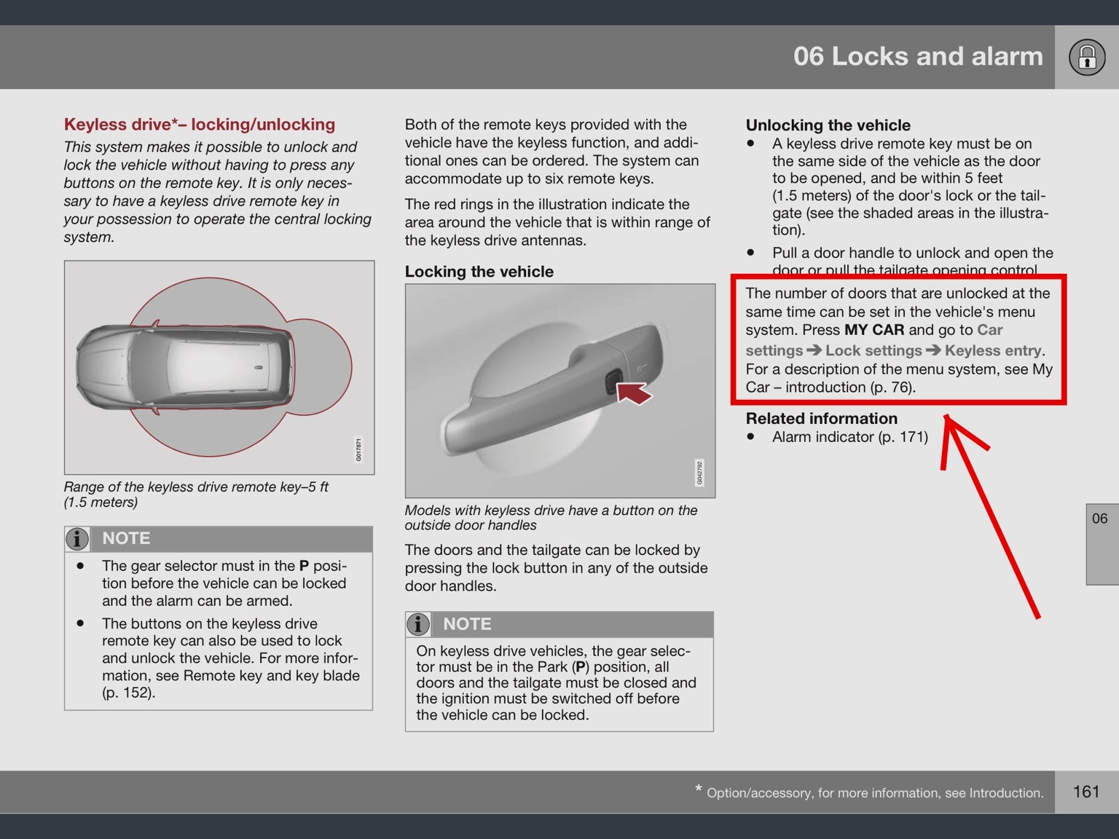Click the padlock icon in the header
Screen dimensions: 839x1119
pyautogui.click(x=1086, y=58)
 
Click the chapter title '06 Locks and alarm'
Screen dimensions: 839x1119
pyautogui.click(x=918, y=57)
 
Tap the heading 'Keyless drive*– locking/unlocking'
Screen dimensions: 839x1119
pyautogui.click(x=200, y=125)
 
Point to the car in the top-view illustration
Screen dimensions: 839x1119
pyautogui.click(x=186, y=366)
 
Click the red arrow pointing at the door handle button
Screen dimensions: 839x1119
pyautogui.click(x=635, y=393)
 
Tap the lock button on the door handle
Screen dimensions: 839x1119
pyautogui.click(x=610, y=381)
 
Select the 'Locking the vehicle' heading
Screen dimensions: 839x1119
pyautogui.click(x=479, y=272)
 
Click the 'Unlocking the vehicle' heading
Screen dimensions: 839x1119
pyautogui.click(x=828, y=125)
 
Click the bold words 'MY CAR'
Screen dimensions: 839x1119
pyautogui.click(x=873, y=330)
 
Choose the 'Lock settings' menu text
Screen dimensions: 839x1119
pyautogui.click(x=873, y=350)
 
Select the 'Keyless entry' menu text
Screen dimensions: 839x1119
pyautogui.click(x=993, y=350)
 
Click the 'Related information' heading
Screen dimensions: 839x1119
pyautogui.click(x=821, y=419)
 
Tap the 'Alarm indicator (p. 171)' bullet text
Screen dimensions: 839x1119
pyautogui.click(x=849, y=437)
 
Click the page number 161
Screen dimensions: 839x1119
pyautogui.click(x=1085, y=792)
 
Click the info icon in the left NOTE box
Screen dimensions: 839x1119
pyautogui.click(x=77, y=539)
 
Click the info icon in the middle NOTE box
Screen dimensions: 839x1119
pyautogui.click(x=418, y=624)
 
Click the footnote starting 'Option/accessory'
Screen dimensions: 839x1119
pyautogui.click(x=874, y=792)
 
